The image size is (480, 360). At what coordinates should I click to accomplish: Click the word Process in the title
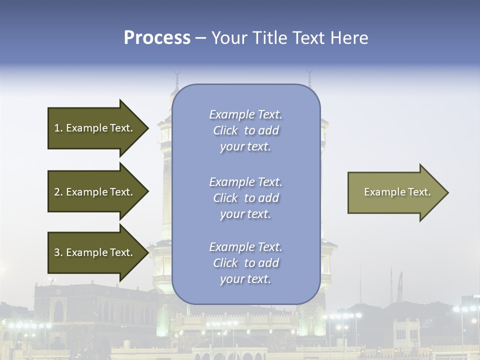157,37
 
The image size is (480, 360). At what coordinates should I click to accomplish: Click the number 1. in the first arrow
58,128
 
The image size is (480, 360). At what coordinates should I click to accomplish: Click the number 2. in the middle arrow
58,192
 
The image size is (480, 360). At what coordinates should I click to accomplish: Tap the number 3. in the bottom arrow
58,252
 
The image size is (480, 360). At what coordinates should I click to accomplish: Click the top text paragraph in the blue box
245,130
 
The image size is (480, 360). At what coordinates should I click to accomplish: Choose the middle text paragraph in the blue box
245,198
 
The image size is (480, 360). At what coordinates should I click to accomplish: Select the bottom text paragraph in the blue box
245,263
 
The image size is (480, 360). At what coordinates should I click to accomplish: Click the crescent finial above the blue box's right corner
309,74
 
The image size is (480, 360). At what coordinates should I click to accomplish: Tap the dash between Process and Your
200,38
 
